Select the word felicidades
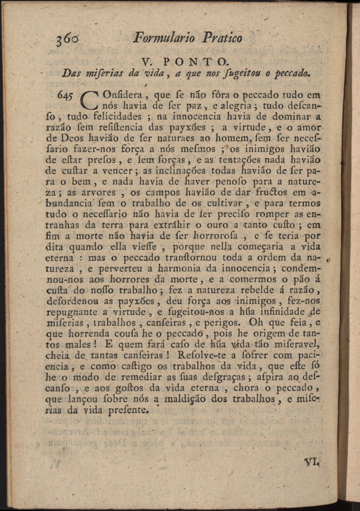[x=116, y=117]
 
